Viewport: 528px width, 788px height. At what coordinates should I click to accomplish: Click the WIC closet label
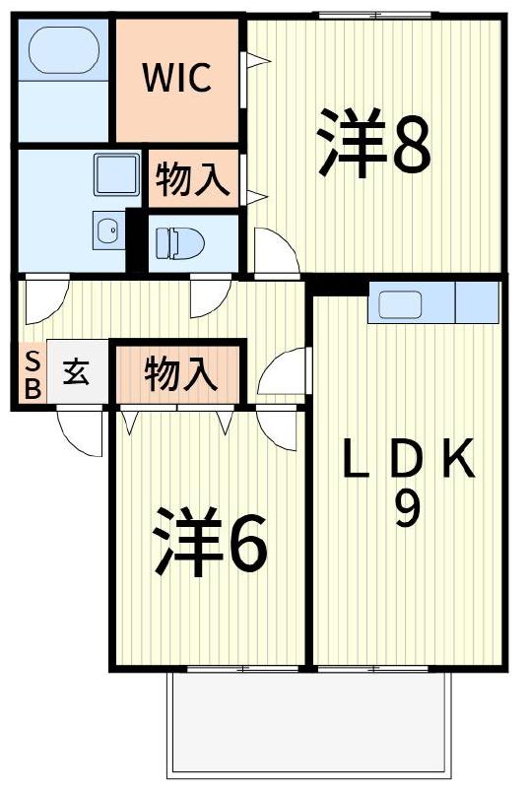click(x=177, y=79)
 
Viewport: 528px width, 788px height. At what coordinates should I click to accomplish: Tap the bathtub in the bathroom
click(x=63, y=50)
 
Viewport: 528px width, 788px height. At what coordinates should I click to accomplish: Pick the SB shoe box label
click(x=33, y=373)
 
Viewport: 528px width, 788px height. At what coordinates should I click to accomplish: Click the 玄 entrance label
click(x=77, y=373)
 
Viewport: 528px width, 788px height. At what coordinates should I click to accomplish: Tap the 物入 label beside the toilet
click(x=193, y=179)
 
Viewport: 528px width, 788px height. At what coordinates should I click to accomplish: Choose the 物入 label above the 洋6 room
click(x=179, y=373)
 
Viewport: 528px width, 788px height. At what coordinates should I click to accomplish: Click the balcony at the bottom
click(x=309, y=724)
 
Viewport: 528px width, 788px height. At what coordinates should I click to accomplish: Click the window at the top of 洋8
click(x=373, y=15)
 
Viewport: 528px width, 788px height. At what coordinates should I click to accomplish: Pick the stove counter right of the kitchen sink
click(x=477, y=302)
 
